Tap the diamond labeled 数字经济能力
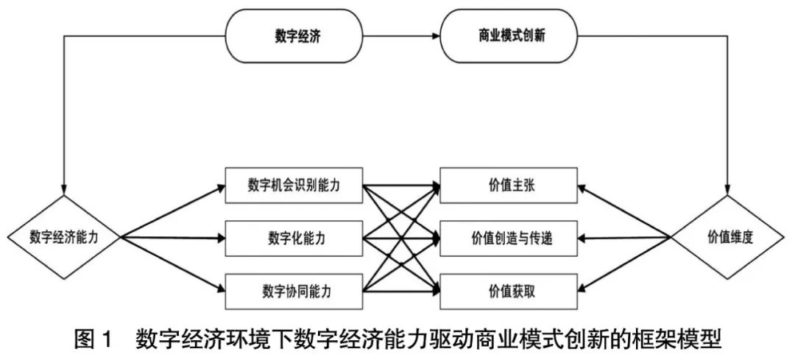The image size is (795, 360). coord(64,237)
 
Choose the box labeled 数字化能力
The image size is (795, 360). coord(294,238)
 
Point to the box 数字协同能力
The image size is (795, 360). coord(294,290)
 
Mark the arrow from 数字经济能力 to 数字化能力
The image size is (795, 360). coord(173,238)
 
